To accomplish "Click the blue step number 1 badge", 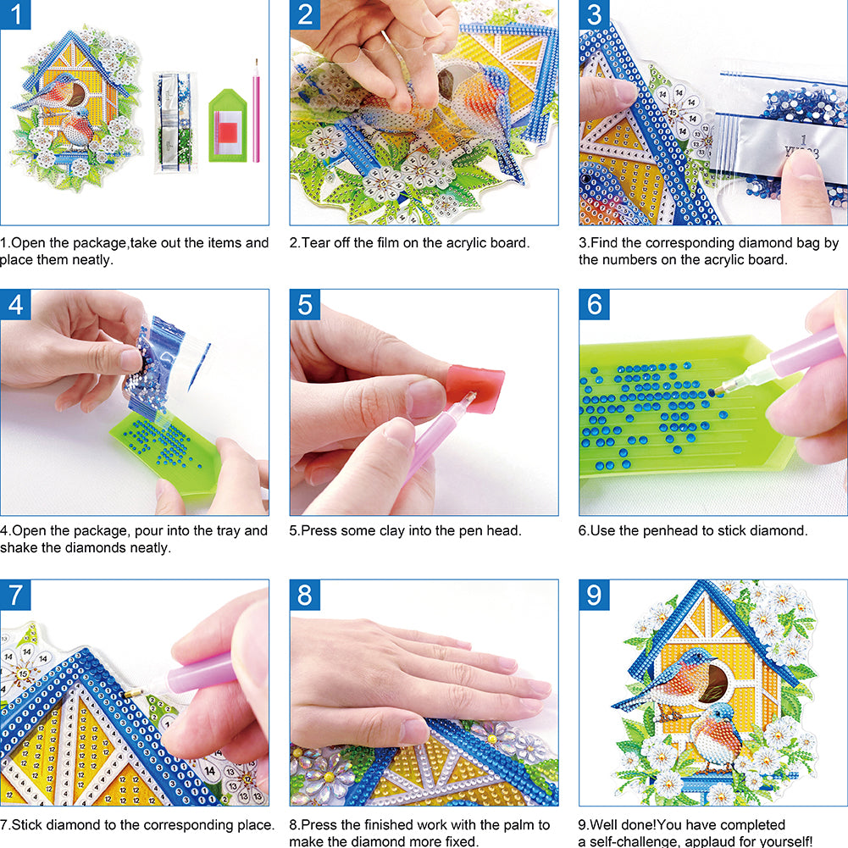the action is pyautogui.click(x=15, y=14).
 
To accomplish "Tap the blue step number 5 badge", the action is pyautogui.click(x=304, y=304).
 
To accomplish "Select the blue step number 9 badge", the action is pyautogui.click(x=594, y=595).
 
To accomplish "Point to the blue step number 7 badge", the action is pyautogui.click(x=15, y=595).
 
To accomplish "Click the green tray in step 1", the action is pyautogui.click(x=228, y=126).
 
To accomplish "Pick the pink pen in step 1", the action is pyautogui.click(x=256, y=110).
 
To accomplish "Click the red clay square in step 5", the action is pyautogui.click(x=475, y=388).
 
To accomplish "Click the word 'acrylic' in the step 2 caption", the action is pyautogui.click(x=466, y=243).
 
